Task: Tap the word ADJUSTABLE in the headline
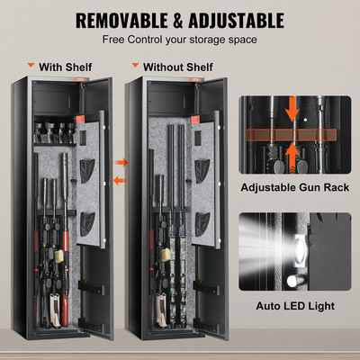coord(233,20)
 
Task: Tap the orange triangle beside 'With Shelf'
coord(31,67)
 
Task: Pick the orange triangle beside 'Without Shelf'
coord(134,67)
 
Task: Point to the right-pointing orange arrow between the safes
coord(124,162)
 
